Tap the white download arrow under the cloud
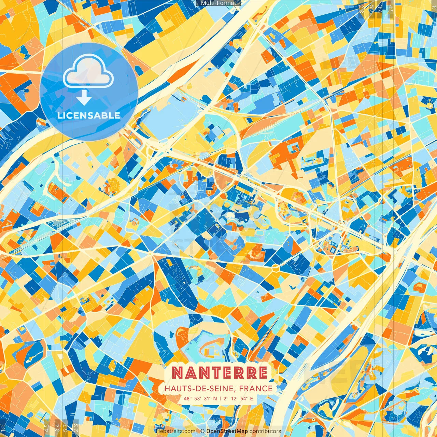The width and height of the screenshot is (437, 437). (84, 98)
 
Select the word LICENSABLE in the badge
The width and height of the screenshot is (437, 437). (89, 115)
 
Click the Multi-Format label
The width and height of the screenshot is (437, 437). (218, 3)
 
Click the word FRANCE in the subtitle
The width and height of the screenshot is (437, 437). (256, 389)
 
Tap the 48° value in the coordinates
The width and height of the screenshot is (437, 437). (187, 398)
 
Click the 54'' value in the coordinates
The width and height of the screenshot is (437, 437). (244, 398)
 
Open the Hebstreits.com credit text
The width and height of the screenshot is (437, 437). (175, 431)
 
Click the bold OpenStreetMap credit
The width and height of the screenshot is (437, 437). (227, 431)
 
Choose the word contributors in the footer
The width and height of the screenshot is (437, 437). (265, 431)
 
